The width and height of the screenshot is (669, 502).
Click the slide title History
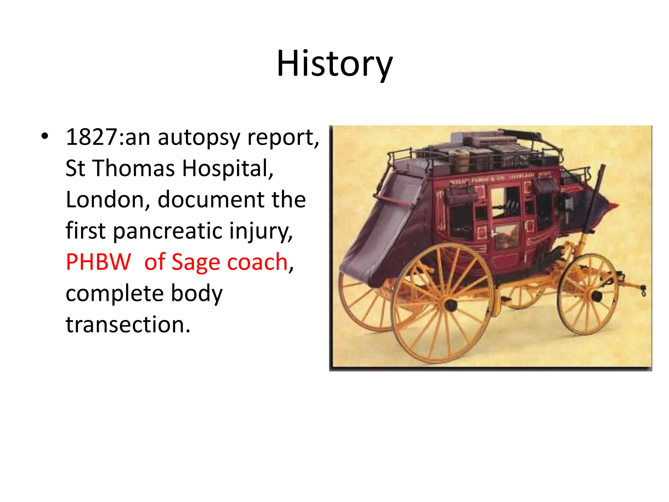[x=334, y=64]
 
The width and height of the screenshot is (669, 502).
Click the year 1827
[x=92, y=137]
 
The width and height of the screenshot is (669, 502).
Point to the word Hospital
[x=227, y=169]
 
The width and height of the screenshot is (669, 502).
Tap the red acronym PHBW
[x=98, y=262]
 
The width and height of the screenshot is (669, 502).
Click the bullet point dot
[x=45, y=137]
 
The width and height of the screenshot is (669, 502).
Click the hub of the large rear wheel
[x=451, y=305]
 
